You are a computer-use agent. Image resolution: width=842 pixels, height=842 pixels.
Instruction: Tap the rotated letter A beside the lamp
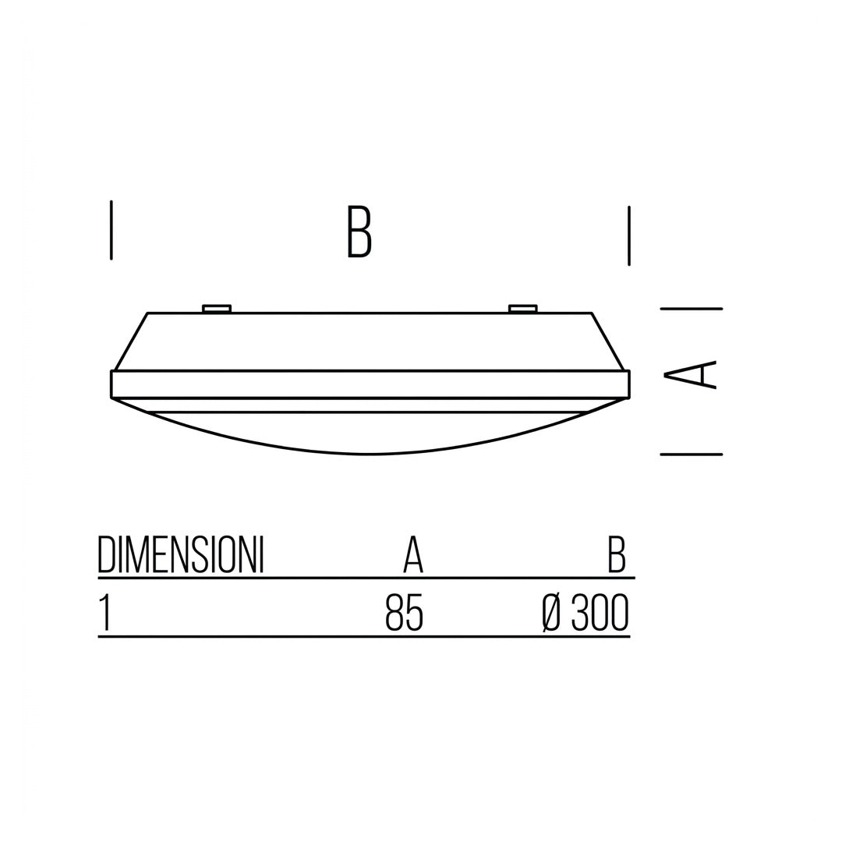691,373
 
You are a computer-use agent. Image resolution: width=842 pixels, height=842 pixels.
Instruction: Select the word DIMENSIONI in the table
180,555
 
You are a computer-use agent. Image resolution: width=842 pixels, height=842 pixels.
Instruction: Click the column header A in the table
413,555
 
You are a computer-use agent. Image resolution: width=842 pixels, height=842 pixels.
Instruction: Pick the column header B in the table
617,555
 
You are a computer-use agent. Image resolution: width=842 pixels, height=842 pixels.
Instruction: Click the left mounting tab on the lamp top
217,309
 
